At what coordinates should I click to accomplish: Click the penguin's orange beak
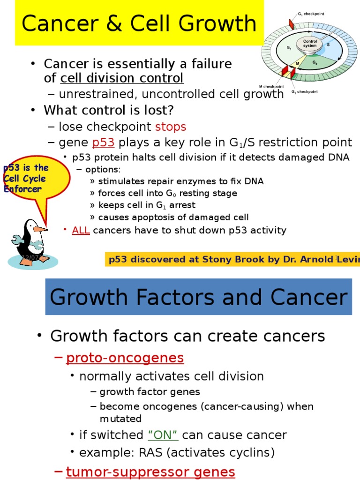pos(40,229)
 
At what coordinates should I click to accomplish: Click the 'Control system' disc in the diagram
pos(310,44)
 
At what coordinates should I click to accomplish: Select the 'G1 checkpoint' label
pos(313,14)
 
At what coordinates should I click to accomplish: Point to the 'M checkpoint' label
pos(271,87)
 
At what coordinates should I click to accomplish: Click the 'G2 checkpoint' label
pos(305,91)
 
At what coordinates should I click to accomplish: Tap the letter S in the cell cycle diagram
pos(328,45)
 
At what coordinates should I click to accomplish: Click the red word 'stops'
pos(171,127)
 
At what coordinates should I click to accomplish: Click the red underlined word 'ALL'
pos(81,230)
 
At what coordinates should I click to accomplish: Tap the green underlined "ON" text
pos(163,435)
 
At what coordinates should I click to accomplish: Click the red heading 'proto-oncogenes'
pos(125,358)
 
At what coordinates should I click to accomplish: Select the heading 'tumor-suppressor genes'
pos(150,472)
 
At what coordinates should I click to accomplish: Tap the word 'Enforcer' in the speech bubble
pos(23,189)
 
